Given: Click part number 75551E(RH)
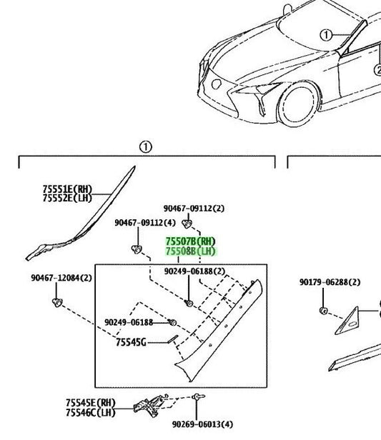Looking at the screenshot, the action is (67, 189).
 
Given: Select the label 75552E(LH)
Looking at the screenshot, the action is (67, 199).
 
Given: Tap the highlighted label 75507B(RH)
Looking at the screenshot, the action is (190, 241).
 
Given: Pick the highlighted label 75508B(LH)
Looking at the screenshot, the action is (190, 251).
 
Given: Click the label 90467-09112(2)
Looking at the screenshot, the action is (194, 209).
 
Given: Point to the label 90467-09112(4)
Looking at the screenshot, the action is (145, 223).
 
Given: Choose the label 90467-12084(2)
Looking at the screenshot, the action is (61, 278).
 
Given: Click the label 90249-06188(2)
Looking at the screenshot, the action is (194, 271).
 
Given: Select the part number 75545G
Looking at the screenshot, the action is (131, 342).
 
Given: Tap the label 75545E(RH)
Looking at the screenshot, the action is (91, 403).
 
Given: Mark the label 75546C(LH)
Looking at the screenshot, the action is (91, 413).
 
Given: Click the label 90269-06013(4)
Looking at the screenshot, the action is (202, 424).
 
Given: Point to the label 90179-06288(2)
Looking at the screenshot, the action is (330, 282).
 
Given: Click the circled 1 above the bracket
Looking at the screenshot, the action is (145, 147).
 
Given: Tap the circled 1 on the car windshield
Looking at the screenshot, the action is (326, 35).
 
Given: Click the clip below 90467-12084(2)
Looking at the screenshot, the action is (57, 303).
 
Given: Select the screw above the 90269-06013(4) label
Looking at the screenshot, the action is (198, 397).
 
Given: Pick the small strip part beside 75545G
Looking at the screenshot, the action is (173, 339).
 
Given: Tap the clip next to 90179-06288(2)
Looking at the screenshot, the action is (323, 311).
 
